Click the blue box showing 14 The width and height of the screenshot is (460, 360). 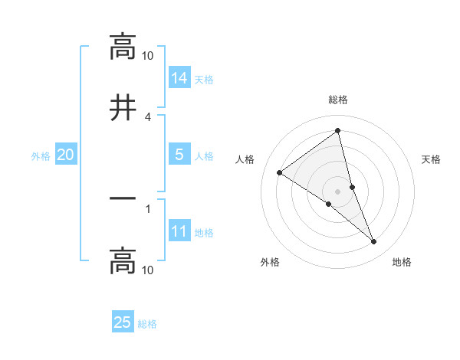click(179, 77)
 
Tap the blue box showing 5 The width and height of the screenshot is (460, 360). click(179, 154)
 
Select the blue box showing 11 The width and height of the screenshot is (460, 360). click(179, 231)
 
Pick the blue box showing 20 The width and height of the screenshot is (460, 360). click(66, 154)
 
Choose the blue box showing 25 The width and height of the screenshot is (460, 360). click(123, 322)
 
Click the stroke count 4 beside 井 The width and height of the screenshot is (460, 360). click(148, 116)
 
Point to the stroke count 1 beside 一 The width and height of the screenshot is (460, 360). click(148, 208)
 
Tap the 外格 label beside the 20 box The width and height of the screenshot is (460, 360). click(41, 155)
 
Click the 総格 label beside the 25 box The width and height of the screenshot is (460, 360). click(147, 324)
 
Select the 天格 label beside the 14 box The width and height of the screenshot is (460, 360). click(204, 79)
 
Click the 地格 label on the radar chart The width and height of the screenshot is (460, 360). click(402, 262)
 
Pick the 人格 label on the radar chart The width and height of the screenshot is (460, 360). click(245, 159)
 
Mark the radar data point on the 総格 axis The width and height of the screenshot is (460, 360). click(337, 131)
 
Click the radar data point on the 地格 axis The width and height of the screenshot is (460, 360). click(374, 242)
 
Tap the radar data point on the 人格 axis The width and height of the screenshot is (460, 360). click(280, 172)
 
